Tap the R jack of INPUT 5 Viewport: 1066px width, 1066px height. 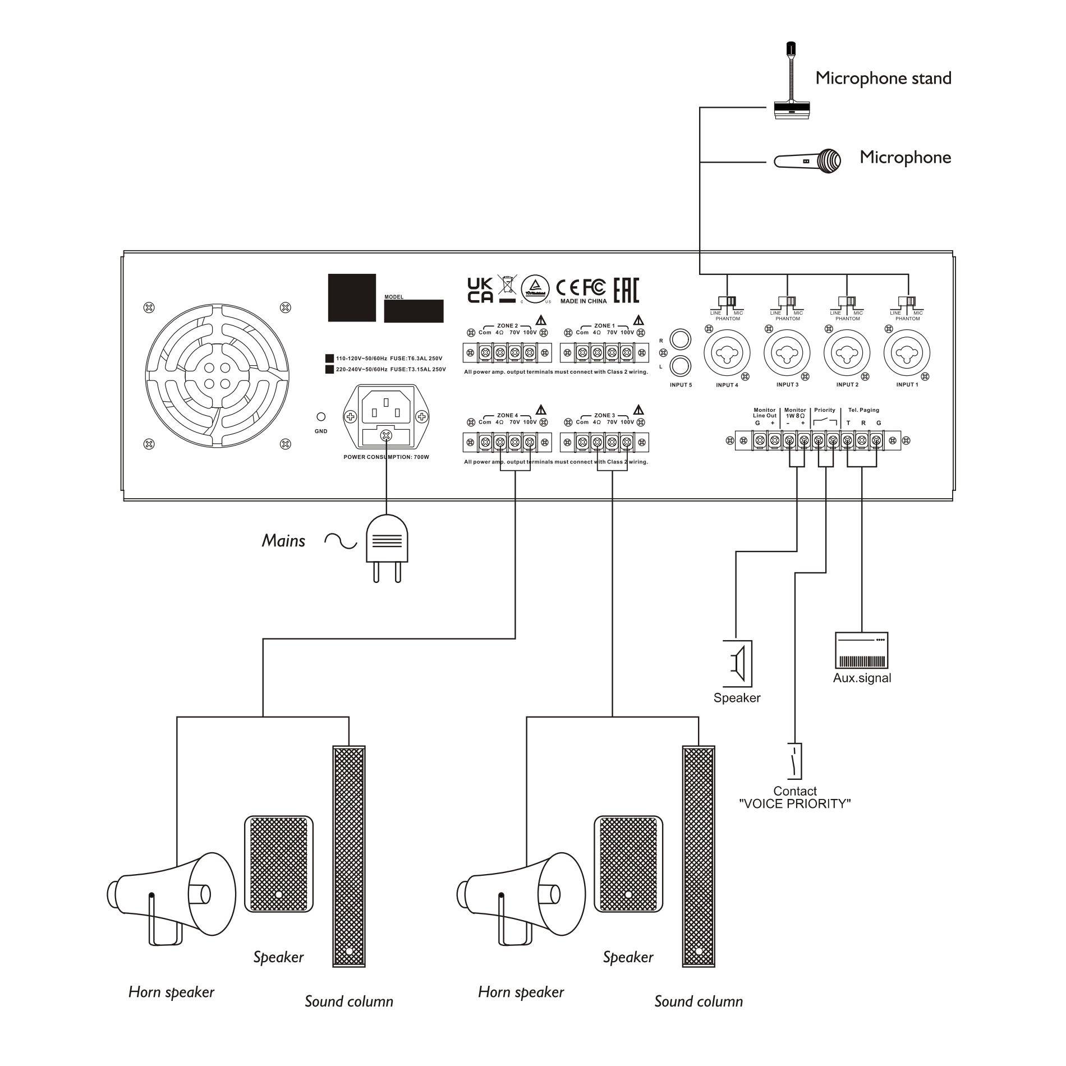click(681, 340)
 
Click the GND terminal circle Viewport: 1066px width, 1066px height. click(321, 417)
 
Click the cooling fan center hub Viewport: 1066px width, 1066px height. click(217, 375)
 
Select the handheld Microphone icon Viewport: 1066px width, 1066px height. click(808, 161)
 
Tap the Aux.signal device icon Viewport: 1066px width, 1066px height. click(862, 650)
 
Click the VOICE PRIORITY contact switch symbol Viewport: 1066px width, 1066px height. click(795, 761)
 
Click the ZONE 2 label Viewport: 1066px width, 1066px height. click(507, 325)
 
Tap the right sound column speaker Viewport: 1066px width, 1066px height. click(699, 856)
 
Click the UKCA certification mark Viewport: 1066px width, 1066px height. click(480, 290)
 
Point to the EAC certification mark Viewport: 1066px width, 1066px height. click(626, 290)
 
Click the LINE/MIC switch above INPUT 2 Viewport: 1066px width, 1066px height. click(847, 301)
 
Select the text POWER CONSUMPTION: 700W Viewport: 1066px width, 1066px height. click(386, 457)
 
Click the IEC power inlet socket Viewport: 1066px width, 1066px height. click(386, 406)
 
